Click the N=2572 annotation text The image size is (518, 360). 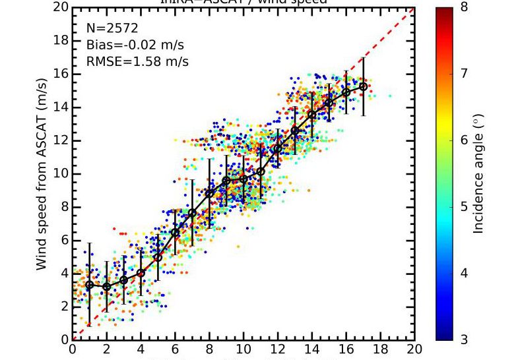click(112, 28)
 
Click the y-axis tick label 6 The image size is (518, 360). click(63, 241)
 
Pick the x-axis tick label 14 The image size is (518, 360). click(311, 349)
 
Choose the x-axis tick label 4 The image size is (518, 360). click(141, 349)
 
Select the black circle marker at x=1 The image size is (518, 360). click(89, 285)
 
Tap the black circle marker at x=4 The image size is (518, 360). click(141, 273)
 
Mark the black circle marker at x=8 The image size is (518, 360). click(209, 193)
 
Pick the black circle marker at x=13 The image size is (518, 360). click(294, 131)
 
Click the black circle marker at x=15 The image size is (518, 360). click(329, 103)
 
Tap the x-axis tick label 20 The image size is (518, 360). click(414, 349)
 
